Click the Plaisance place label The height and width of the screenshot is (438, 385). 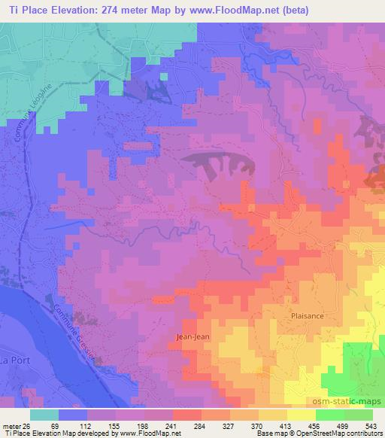coord(307,316)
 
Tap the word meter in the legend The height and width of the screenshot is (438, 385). coord(11,426)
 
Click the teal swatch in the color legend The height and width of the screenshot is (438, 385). coord(44,415)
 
